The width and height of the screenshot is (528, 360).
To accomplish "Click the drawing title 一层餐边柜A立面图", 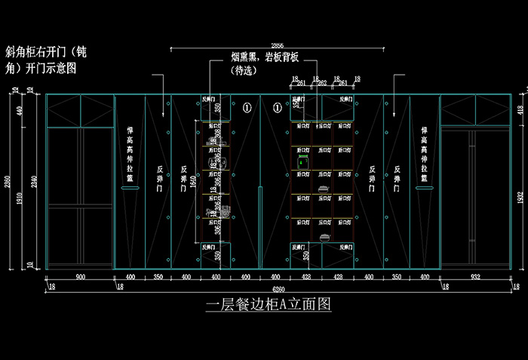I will [x=268, y=306].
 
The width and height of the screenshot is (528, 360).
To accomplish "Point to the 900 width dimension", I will [x=79, y=278].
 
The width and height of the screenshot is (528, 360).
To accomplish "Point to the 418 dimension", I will [x=520, y=109].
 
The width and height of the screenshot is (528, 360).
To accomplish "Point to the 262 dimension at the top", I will [x=322, y=83].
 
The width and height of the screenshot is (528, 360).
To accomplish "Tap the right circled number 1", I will [x=277, y=109].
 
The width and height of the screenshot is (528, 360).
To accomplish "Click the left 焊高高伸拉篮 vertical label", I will [x=129, y=155].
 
